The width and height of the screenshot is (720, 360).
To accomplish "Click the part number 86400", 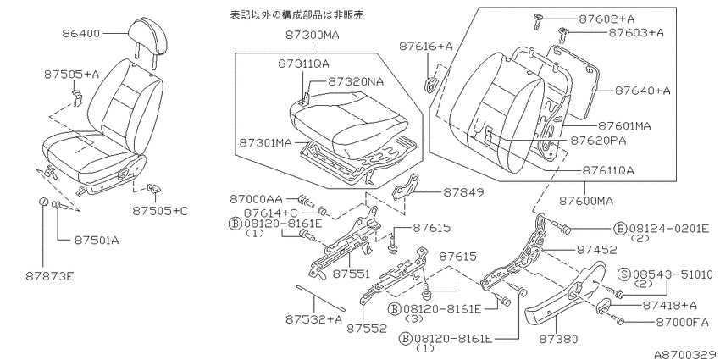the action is pos(80,34).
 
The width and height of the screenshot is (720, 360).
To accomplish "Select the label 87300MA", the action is pos(313,35).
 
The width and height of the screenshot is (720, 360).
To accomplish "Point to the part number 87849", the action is pos(464,193).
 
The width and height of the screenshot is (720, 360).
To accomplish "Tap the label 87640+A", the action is pos(642,91).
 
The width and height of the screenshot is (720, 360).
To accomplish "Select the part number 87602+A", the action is pos(606,19).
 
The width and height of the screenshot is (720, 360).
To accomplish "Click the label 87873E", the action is pos(50,276).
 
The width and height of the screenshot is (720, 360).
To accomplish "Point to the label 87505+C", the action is pos(160,211).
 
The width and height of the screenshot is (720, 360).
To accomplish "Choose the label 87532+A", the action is pos(314,319).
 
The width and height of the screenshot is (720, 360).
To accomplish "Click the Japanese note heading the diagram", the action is pos(296,15).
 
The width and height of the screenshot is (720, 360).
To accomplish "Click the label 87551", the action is pos(351,274).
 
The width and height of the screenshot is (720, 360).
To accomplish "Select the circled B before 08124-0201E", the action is pos(620,229).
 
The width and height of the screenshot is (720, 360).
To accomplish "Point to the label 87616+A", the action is pos(426,47).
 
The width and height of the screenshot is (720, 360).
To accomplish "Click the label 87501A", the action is pos(96,241).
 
